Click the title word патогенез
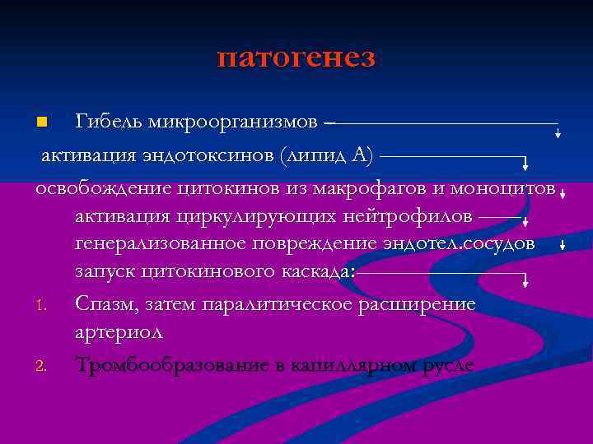pos(296,58)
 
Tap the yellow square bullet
pos(44,123)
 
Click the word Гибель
pos(109,123)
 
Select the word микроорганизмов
pos(233,123)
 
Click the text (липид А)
pos(327,155)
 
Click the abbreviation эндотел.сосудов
pos(458,244)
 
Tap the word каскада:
pos(314,272)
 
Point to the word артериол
pos(119,332)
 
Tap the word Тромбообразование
pos(180,364)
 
